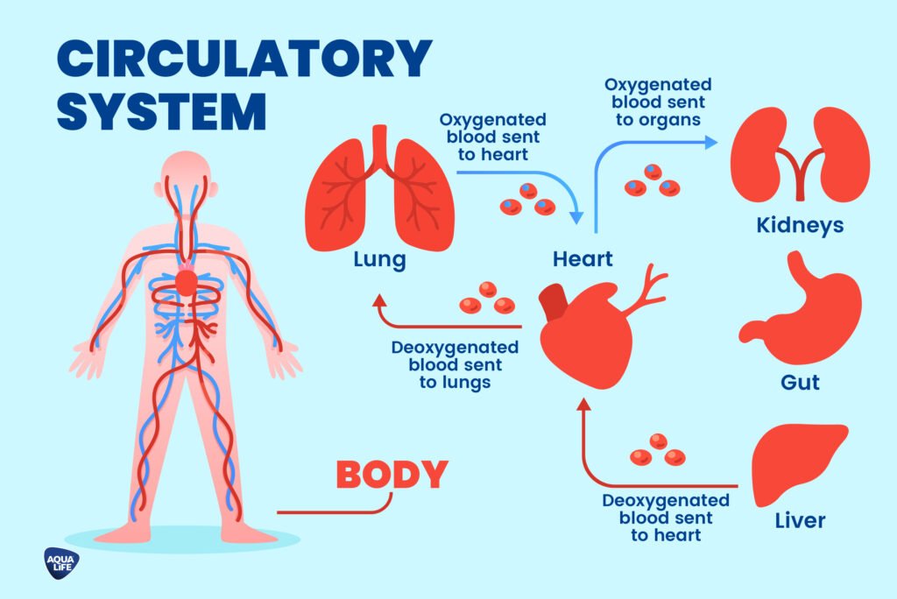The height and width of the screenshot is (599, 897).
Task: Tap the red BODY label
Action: click(x=392, y=475)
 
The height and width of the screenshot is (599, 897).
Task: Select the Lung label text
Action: click(x=379, y=259)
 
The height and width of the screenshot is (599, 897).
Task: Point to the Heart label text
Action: click(x=583, y=259)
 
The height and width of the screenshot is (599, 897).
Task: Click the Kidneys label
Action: click(x=800, y=226)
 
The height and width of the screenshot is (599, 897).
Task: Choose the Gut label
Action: click(x=800, y=383)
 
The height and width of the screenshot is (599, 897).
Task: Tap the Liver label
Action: click(x=800, y=521)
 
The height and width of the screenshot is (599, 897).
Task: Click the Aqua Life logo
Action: click(x=61, y=561)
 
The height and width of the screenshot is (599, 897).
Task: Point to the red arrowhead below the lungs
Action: click(x=379, y=301)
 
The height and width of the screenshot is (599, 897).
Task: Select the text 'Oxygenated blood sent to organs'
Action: click(x=658, y=102)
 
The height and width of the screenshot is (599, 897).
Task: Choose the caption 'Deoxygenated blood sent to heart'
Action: click(x=666, y=517)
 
